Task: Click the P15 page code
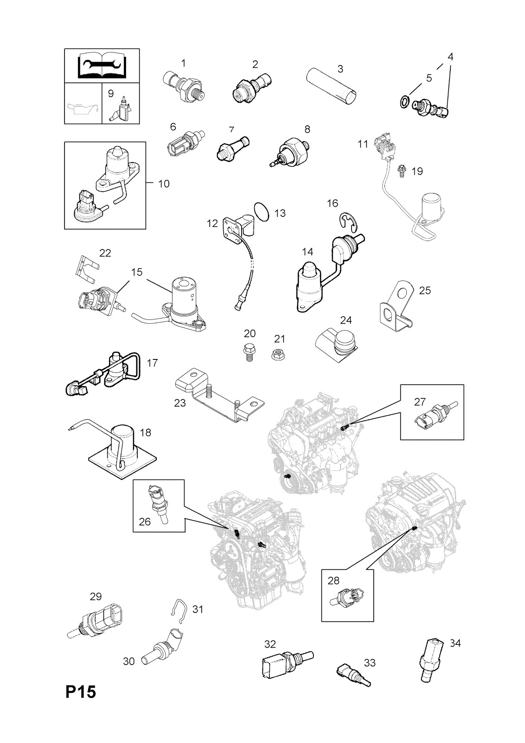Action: [81, 705]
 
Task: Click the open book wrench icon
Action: [102, 65]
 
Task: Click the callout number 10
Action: [164, 184]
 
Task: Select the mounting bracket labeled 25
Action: [396, 304]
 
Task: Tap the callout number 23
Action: [179, 403]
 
